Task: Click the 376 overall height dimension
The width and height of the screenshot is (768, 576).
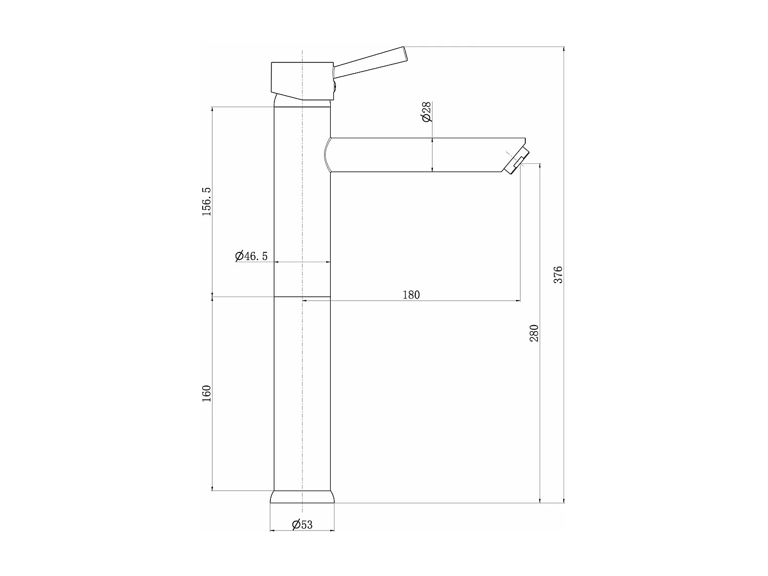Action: pyautogui.click(x=559, y=274)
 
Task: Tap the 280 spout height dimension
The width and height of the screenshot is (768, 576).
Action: pyautogui.click(x=534, y=333)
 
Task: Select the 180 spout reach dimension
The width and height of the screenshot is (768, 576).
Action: pyautogui.click(x=411, y=294)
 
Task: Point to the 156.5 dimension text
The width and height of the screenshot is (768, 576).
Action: pyautogui.click(x=206, y=201)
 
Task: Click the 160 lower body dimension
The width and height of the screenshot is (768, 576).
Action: pyautogui.click(x=206, y=393)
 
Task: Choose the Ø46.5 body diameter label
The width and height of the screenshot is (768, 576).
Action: pyautogui.click(x=251, y=256)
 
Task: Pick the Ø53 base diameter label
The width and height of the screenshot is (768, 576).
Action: pyautogui.click(x=302, y=524)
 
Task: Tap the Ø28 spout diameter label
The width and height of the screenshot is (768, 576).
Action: pyautogui.click(x=427, y=112)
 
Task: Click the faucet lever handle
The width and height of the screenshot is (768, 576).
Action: pyautogui.click(x=370, y=63)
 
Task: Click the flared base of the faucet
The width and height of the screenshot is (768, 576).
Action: pyautogui.click(x=302, y=497)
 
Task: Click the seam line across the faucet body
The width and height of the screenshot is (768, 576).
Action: pyautogui.click(x=302, y=296)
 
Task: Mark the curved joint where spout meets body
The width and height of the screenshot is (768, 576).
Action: pyautogui.click(x=327, y=155)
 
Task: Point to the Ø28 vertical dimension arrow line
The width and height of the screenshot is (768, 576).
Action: pyautogui.click(x=433, y=155)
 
